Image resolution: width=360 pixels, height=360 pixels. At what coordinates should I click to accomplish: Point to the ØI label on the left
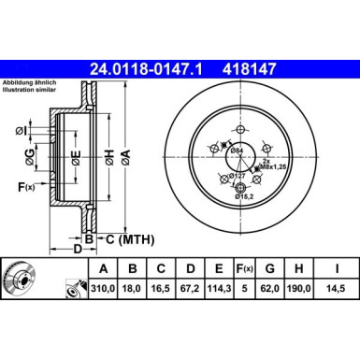(x=20, y=128)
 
